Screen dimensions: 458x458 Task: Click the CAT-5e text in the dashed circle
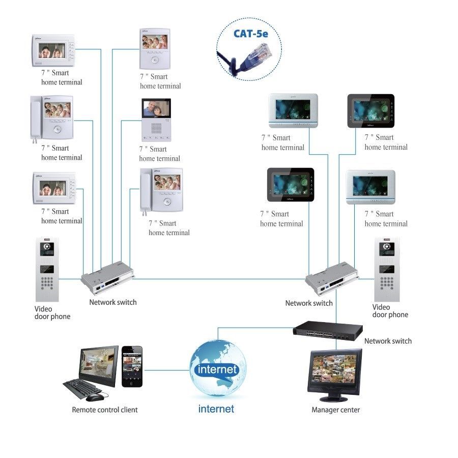click(250, 34)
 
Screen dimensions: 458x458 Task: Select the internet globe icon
click(217, 367)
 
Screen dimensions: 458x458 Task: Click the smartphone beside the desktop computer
click(132, 366)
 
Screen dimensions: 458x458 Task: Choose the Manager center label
click(335, 410)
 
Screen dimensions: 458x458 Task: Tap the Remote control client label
click(104, 410)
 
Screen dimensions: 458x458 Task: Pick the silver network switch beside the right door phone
click(330, 279)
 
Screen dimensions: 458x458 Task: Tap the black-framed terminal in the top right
click(370, 110)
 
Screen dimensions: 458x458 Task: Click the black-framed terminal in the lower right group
click(291, 185)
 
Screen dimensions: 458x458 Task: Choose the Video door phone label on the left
click(52, 312)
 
